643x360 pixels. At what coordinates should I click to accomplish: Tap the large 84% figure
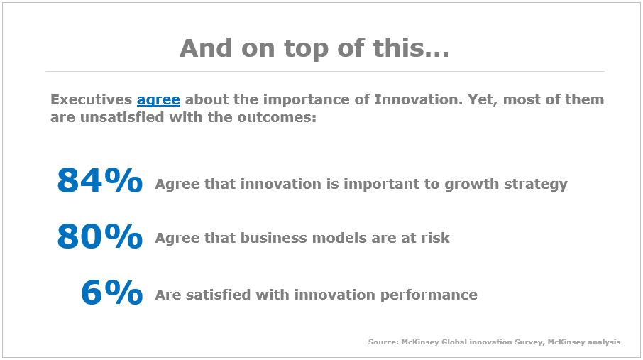coord(100,180)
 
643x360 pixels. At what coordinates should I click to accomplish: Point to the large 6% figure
coord(112,292)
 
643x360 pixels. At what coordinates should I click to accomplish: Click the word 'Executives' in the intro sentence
coord(91,99)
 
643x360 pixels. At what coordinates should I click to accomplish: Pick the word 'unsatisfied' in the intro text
coord(122,117)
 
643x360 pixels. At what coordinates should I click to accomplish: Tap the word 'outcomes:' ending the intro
coord(277,117)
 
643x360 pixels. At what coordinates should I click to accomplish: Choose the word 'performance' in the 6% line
coord(429,295)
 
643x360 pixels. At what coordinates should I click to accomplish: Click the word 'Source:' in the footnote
coord(383,342)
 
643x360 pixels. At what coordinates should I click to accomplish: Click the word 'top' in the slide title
coord(307,49)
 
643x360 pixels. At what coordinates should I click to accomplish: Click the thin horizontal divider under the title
coord(325,72)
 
